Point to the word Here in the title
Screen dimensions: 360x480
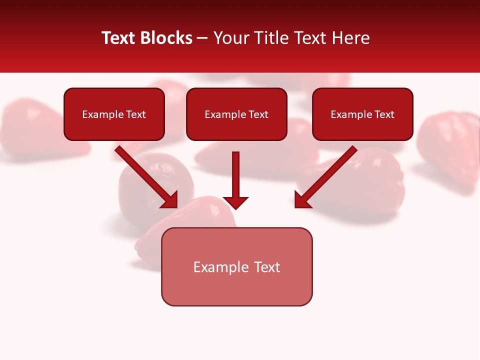pos(351,38)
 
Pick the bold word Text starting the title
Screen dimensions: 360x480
pos(119,38)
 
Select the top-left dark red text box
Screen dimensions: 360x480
pos(114,114)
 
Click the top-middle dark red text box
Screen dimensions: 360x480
pos(236,114)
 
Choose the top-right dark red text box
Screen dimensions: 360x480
pos(362,114)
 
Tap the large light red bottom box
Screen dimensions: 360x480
pos(236,266)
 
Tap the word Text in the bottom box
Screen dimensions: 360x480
pos(267,267)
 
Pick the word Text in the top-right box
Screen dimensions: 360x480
pos(384,114)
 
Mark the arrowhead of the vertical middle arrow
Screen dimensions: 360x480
pos(236,202)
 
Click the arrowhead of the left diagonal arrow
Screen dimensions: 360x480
pos(170,199)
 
